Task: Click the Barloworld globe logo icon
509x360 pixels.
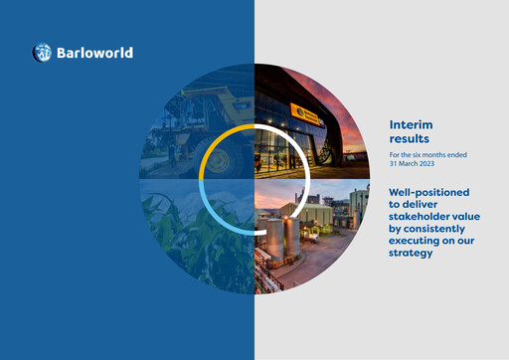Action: click(43, 53)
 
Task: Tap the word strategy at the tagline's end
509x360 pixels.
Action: click(412, 253)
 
